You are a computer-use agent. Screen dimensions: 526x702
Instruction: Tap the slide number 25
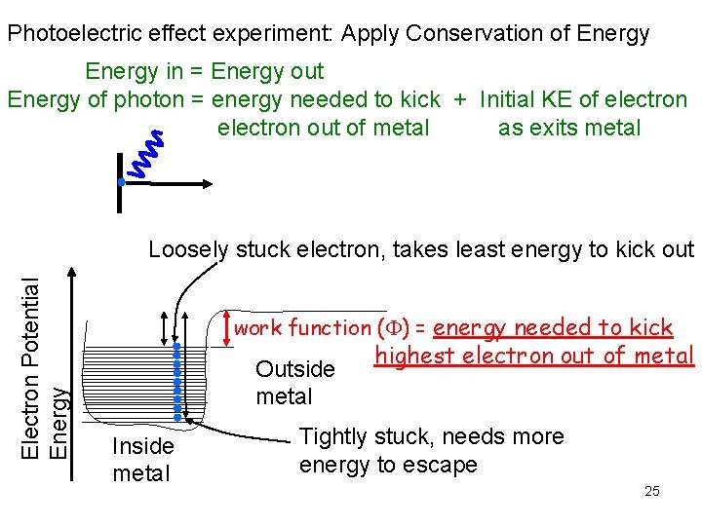[652, 490]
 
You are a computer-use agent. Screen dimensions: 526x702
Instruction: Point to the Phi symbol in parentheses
[393, 328]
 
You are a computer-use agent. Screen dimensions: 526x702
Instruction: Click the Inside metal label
[142, 460]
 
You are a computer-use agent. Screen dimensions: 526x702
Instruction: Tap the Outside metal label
[294, 383]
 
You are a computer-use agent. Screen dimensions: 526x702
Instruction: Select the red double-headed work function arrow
[227, 328]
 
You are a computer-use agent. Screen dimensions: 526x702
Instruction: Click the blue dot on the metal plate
[119, 182]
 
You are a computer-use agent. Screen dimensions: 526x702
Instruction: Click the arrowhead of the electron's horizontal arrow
[208, 182]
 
